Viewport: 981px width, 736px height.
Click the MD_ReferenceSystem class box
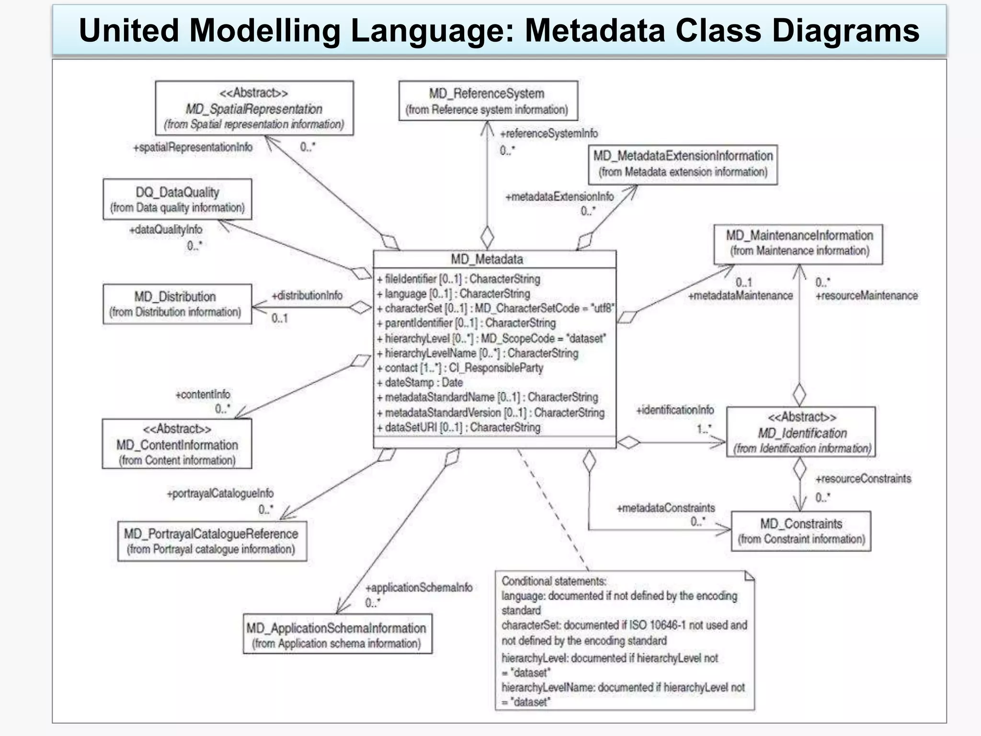click(488, 101)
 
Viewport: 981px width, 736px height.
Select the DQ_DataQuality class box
click(177, 199)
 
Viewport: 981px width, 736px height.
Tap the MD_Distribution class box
click(176, 304)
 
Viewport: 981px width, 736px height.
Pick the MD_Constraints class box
click(801, 531)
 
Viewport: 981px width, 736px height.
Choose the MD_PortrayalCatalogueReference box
click(212, 541)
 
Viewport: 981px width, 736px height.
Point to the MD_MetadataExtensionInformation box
click(683, 164)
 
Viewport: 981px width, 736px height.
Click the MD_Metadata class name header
click(494, 259)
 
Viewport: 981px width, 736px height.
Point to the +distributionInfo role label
click(307, 296)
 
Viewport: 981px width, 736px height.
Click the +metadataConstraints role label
click(665, 508)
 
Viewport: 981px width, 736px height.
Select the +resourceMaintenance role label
click(867, 296)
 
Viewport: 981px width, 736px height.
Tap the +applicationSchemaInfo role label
click(419, 588)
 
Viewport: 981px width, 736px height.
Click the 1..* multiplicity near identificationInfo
click(704, 428)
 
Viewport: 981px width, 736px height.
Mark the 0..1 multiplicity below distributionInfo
click(279, 318)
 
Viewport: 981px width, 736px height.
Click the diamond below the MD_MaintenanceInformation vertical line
click(799, 394)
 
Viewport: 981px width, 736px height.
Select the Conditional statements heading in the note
click(554, 581)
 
